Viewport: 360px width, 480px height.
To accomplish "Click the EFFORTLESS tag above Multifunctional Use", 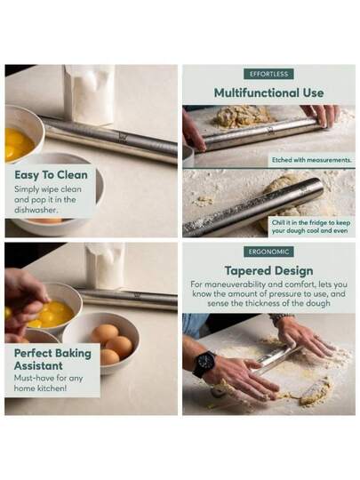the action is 268,74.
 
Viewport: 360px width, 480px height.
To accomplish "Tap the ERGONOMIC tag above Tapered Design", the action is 268,252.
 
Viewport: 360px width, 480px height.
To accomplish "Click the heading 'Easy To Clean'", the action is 52,175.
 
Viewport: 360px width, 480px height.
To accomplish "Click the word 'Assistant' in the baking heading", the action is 38,366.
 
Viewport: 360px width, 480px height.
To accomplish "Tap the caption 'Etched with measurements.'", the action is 311,160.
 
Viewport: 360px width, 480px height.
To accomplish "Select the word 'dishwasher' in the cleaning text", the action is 36,210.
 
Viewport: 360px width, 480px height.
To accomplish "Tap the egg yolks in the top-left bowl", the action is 18,144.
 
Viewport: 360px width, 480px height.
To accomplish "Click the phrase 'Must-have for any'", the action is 48,378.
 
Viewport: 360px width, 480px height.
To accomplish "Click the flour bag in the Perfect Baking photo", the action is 105,266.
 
